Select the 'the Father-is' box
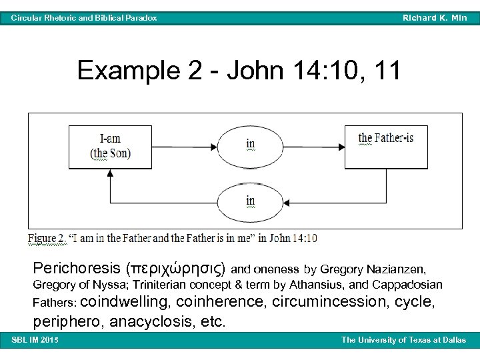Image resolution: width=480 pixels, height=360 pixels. click(x=385, y=146)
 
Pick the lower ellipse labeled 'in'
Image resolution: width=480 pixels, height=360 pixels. click(x=250, y=201)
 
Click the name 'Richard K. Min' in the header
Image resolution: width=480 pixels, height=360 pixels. click(x=435, y=18)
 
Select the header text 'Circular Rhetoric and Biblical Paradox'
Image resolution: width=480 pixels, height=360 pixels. click(x=84, y=18)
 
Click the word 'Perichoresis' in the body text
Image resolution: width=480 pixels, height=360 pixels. click(x=76, y=269)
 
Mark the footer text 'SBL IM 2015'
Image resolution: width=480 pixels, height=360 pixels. click(x=35, y=341)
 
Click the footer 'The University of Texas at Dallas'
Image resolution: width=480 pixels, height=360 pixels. click(x=404, y=341)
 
